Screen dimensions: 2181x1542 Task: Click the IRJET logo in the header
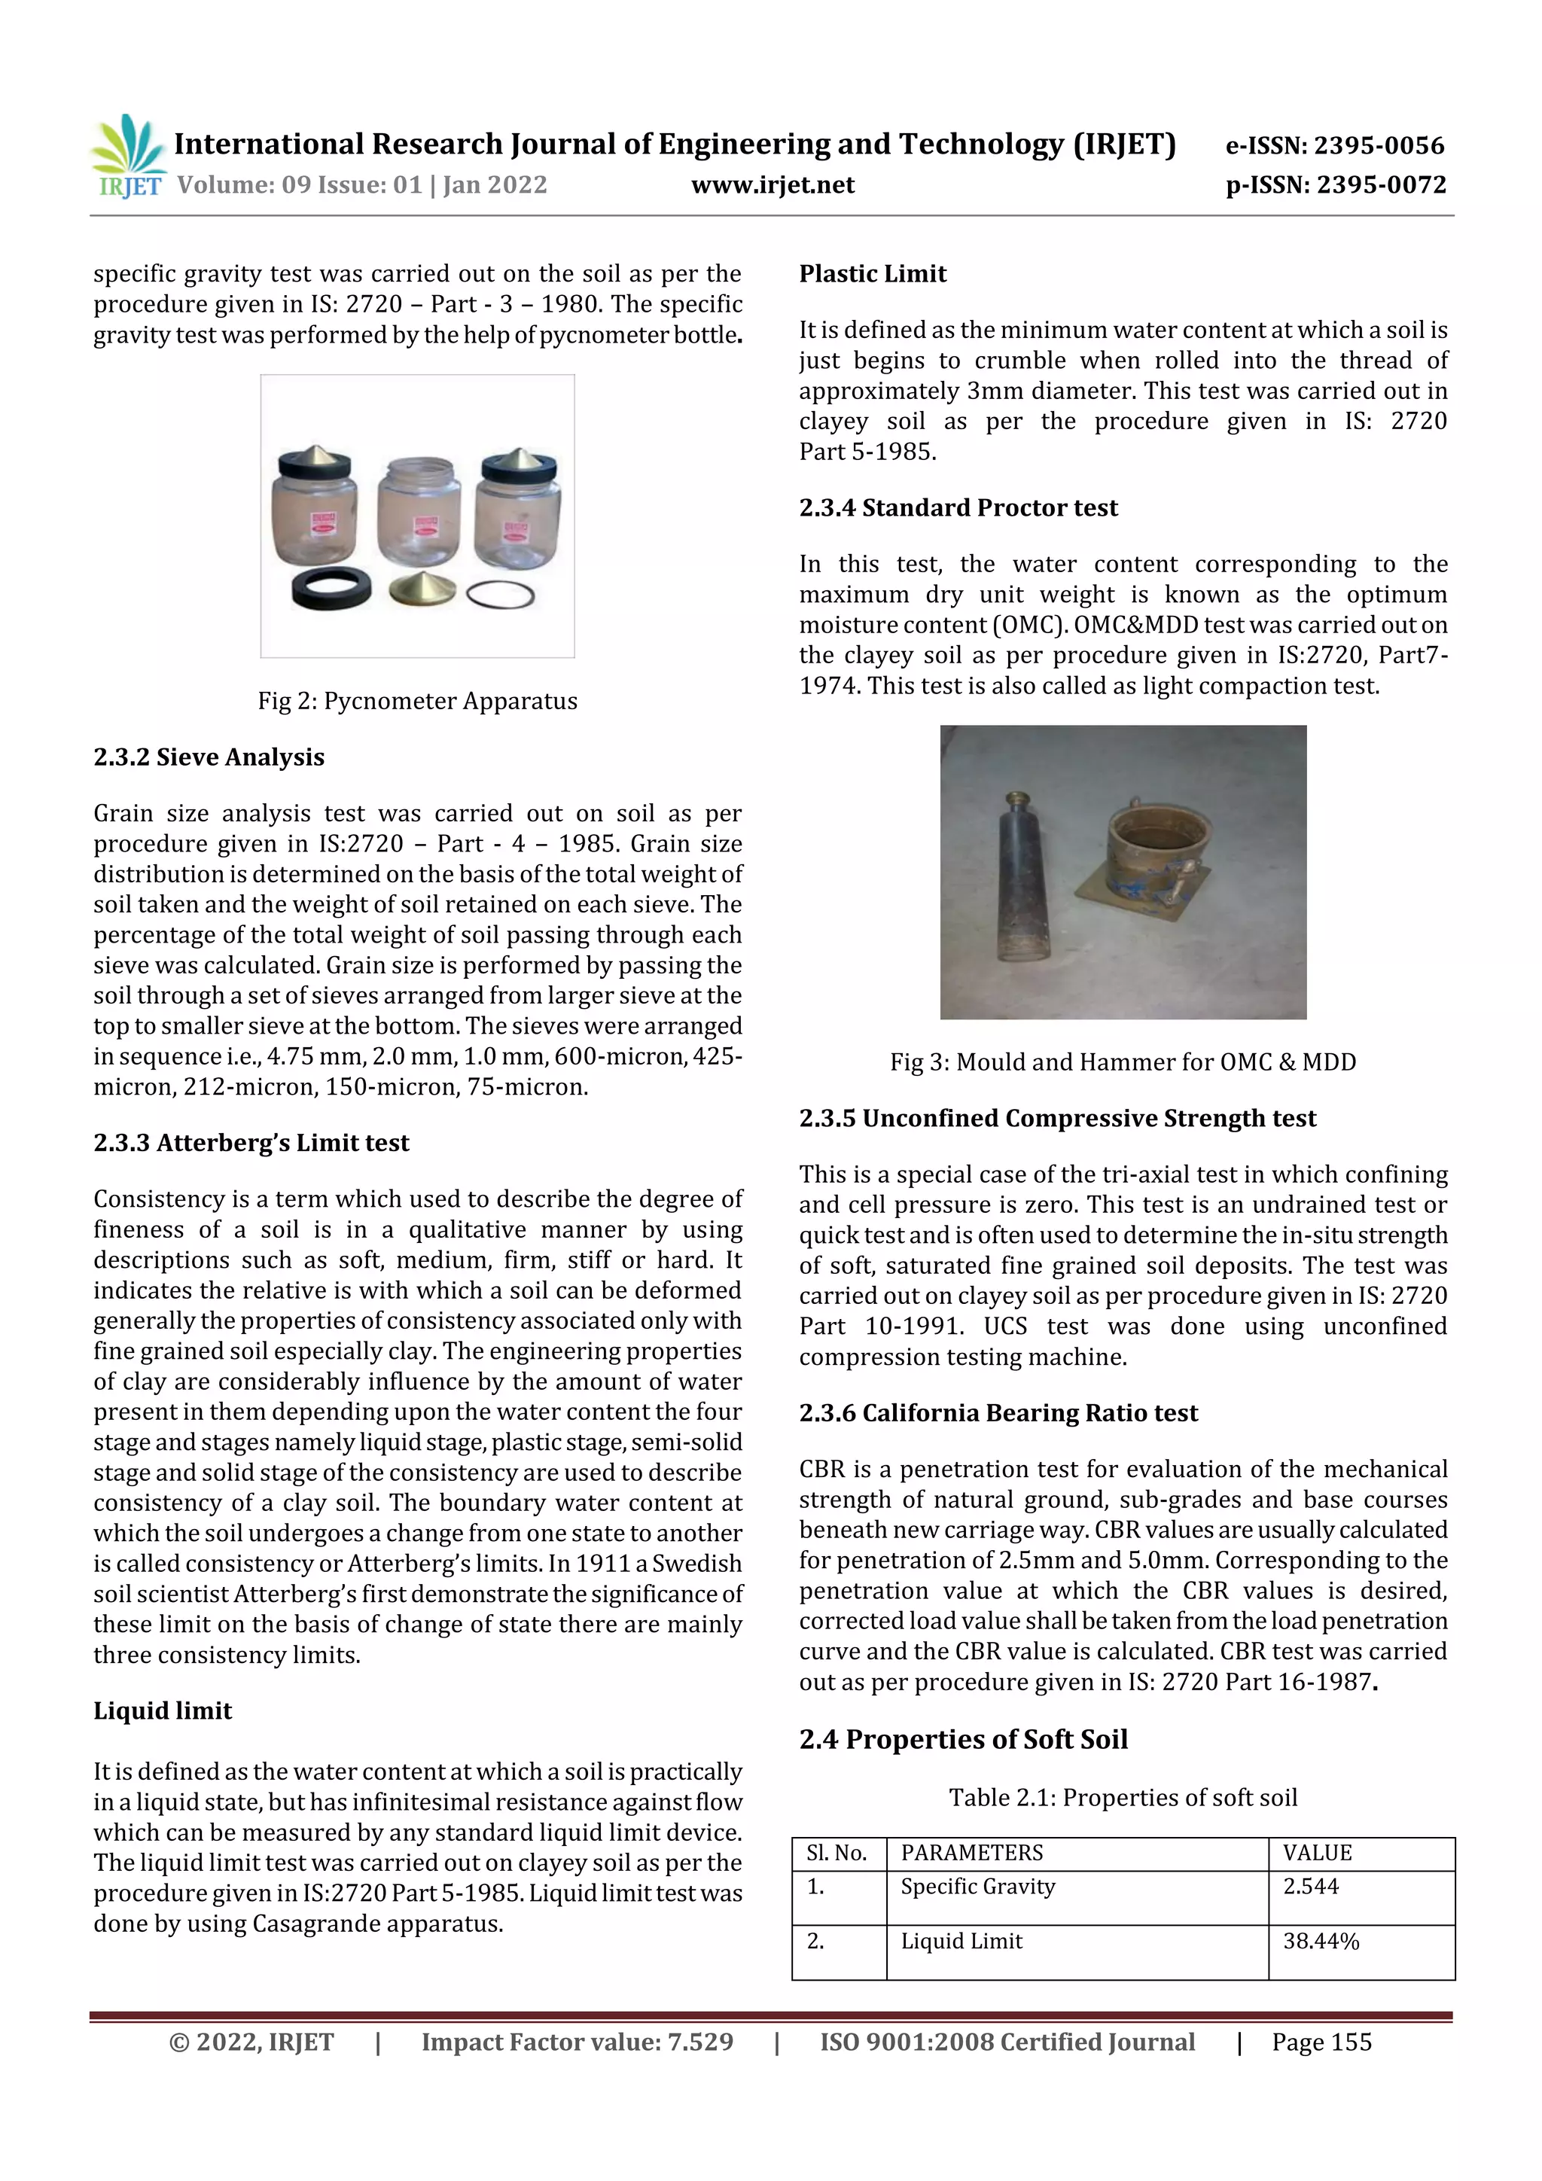click(128, 156)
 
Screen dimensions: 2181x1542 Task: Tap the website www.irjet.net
click(773, 185)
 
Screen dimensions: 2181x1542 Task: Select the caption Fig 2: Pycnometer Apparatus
click(417, 701)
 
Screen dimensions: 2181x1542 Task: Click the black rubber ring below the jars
click(331, 588)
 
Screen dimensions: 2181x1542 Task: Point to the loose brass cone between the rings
click(422, 589)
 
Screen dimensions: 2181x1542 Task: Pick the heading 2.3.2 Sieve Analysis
click(209, 757)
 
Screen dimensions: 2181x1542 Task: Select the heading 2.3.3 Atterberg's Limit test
click(251, 1143)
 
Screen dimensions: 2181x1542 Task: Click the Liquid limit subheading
click(163, 1710)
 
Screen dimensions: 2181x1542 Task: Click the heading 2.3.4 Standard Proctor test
click(958, 508)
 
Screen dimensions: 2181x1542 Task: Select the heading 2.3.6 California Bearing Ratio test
click(998, 1413)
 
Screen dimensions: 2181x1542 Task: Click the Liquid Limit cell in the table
click(961, 1942)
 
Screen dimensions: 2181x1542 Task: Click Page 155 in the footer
click(1321, 2042)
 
